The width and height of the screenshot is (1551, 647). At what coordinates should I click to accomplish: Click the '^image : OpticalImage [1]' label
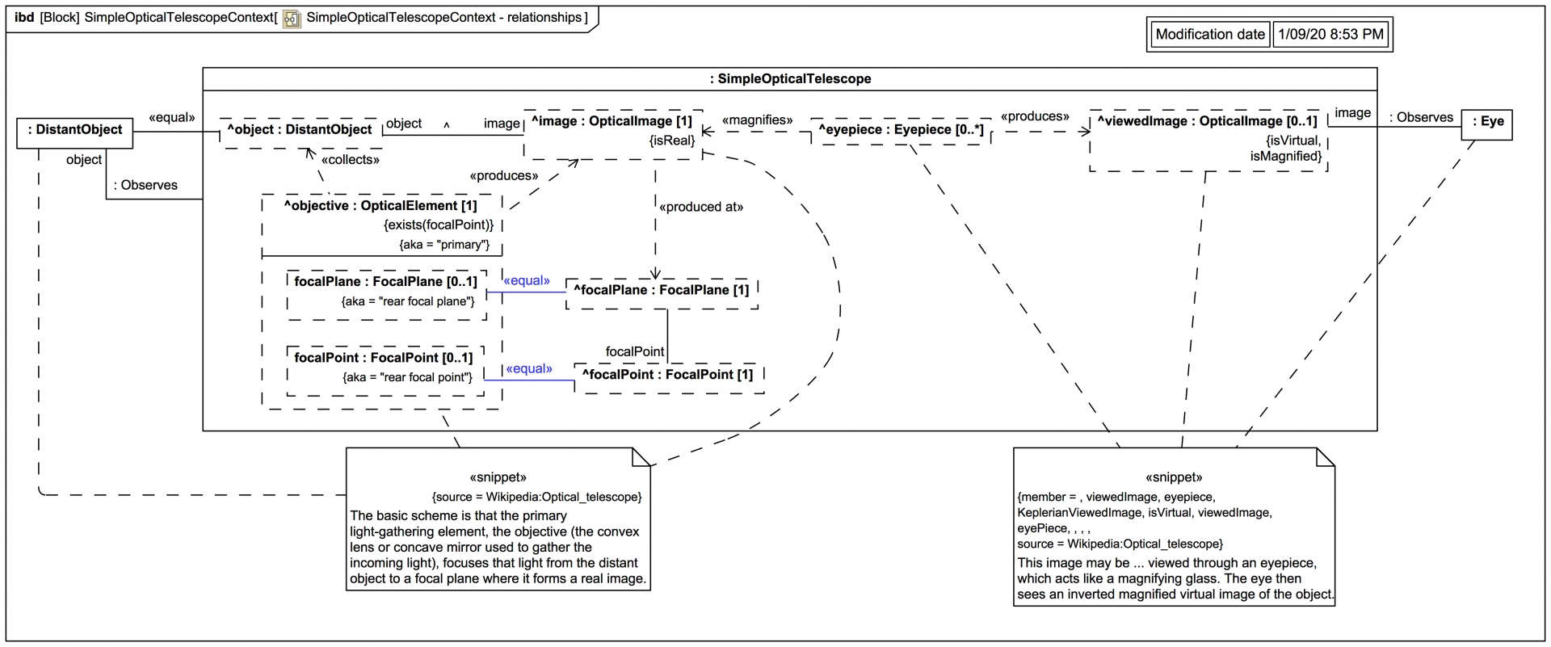click(612, 121)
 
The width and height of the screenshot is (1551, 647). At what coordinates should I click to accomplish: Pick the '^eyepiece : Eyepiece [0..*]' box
click(901, 130)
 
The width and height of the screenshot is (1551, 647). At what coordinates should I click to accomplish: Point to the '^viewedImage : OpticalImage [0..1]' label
click(1207, 121)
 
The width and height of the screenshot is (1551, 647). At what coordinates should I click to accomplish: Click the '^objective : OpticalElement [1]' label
click(380, 206)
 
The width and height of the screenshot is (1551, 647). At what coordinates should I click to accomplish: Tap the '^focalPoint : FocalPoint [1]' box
click(668, 376)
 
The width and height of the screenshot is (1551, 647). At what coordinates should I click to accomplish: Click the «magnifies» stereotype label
click(757, 120)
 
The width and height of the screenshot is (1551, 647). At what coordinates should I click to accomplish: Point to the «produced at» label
click(700, 208)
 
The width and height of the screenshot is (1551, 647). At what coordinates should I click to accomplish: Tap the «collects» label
click(350, 160)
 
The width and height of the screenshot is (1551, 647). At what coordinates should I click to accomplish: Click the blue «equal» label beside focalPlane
click(527, 281)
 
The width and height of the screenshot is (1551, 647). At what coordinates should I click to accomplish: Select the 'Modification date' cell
click(1209, 35)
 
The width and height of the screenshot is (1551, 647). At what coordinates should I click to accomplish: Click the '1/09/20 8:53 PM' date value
click(1330, 35)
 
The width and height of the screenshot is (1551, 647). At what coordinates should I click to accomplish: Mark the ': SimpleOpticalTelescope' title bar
click(789, 79)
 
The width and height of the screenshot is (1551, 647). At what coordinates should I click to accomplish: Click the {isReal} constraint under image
click(671, 141)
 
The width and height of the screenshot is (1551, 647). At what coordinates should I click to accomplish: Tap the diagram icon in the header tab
click(292, 19)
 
